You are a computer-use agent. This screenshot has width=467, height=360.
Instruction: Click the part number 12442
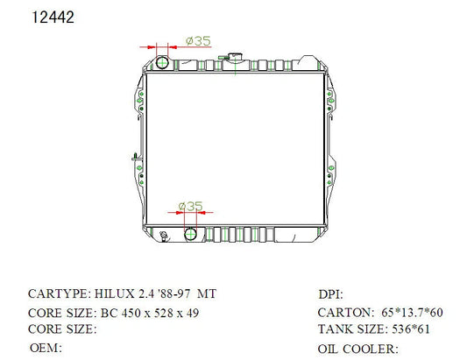point(53,18)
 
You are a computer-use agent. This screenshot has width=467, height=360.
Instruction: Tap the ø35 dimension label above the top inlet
point(198,41)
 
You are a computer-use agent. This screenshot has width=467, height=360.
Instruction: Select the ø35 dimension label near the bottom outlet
point(190,206)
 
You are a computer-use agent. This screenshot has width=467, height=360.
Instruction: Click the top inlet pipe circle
point(162,62)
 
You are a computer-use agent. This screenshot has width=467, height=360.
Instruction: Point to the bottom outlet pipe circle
point(190,234)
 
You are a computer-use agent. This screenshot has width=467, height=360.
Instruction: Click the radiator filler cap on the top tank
point(235,56)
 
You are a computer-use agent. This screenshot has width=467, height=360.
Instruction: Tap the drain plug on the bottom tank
point(163,236)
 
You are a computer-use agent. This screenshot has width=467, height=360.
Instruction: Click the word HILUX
point(115,294)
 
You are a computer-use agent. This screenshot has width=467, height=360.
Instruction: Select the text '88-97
point(175,294)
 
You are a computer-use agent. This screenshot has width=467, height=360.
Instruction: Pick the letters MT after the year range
point(207,294)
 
